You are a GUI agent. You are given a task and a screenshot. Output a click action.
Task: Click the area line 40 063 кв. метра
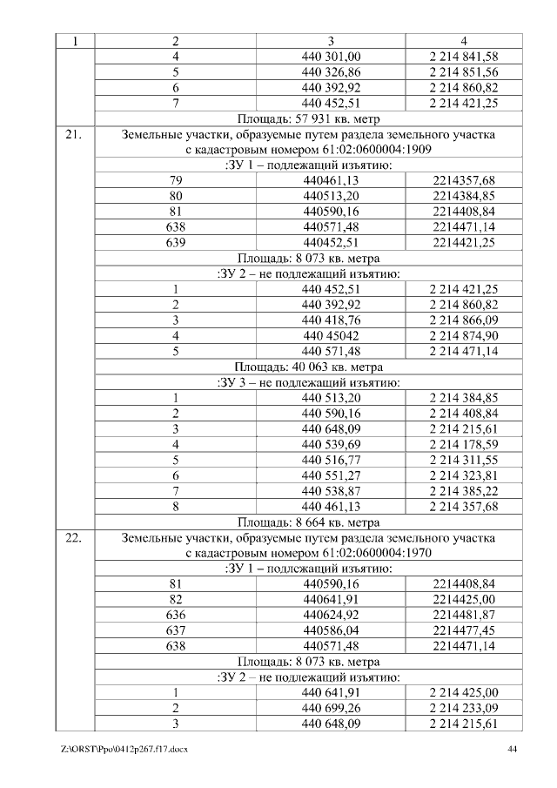(309, 367)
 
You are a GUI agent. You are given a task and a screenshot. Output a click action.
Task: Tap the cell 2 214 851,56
(464, 72)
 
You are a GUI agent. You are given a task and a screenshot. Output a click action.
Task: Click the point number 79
(176, 180)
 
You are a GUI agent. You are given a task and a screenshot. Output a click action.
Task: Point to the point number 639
(176, 242)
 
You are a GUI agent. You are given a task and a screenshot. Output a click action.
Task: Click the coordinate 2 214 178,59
(464, 444)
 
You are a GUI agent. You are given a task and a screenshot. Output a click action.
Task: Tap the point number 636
(176, 615)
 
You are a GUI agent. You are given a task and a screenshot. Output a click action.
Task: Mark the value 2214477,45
(464, 630)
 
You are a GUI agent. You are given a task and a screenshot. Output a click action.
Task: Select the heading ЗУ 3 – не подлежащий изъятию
(309, 382)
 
